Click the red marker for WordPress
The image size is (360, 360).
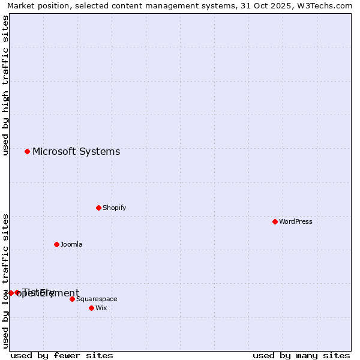pos(275,221)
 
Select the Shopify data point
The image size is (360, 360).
pos(98,208)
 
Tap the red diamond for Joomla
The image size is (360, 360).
pos(56,244)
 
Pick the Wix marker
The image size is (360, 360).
pos(91,308)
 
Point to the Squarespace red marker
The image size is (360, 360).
pos(72,299)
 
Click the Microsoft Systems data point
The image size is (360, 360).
pos(27,151)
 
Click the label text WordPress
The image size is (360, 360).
pos(296,221)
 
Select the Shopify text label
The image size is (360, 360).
pos(114,208)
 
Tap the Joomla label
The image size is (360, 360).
pos(71,244)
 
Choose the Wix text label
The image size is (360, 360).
pos(101,308)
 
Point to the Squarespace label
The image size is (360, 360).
pos(97,299)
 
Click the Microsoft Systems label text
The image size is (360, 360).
pos(76,151)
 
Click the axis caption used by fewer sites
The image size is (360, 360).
pos(62,355)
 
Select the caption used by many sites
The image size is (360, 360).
pos(301,355)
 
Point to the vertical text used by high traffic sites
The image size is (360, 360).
pos(6,86)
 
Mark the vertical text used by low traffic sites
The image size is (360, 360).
pos(6,281)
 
